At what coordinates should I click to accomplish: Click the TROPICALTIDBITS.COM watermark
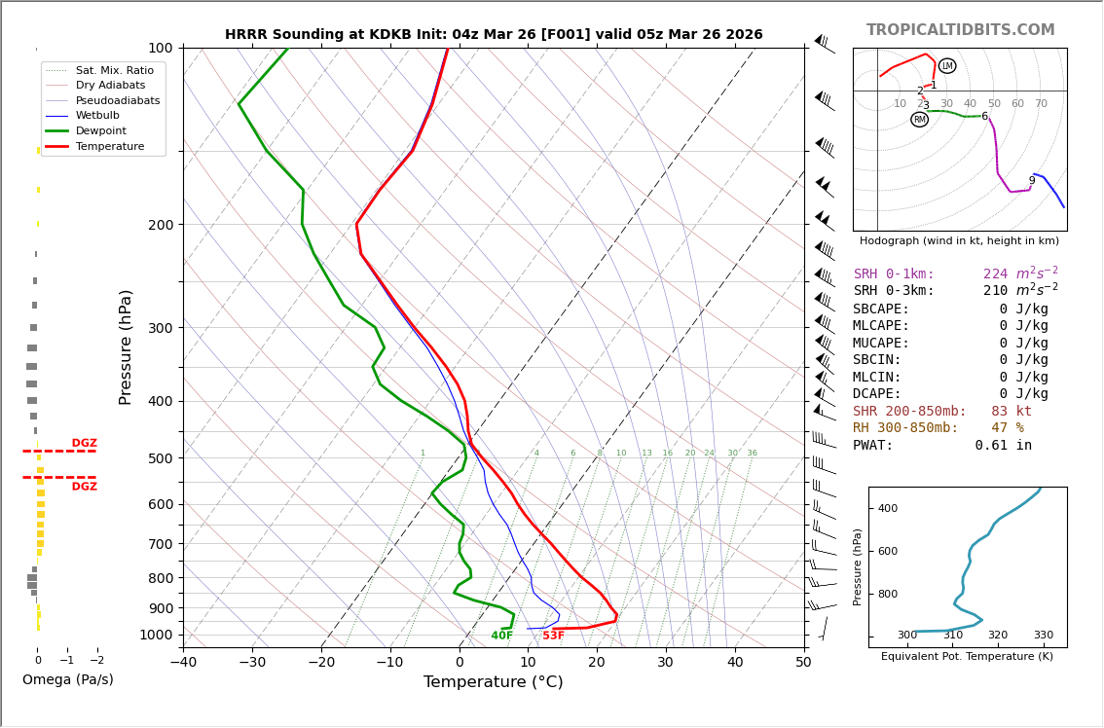[960, 30]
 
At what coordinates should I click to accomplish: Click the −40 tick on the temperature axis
[184, 663]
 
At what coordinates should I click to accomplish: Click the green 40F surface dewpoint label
[501, 636]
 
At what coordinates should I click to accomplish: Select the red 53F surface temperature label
[553, 636]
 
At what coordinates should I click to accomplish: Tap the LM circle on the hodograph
[947, 66]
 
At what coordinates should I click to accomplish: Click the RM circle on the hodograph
[919, 120]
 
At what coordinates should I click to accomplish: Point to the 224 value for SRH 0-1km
[995, 274]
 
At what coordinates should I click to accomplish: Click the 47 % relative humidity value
[1007, 428]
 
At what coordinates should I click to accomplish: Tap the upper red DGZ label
[84, 443]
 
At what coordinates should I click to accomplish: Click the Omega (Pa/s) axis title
[67, 679]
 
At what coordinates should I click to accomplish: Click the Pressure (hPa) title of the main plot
[127, 346]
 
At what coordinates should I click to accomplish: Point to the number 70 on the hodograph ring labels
[1041, 104]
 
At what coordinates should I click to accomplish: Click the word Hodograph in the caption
[891, 240]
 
